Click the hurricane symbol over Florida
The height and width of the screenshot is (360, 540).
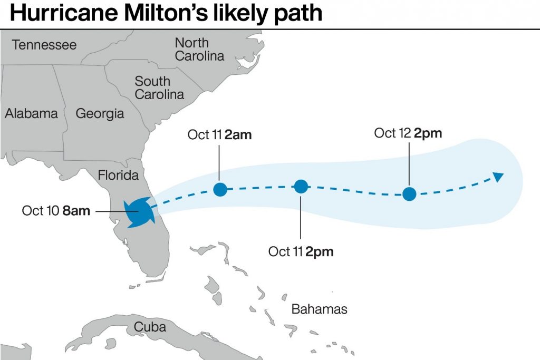tap(138, 212)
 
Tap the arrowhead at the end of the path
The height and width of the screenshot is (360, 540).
tap(498, 177)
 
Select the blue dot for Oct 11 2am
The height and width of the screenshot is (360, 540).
tap(220, 189)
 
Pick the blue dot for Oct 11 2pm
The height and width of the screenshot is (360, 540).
tap(301, 186)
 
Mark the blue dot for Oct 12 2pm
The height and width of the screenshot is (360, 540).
tap(409, 194)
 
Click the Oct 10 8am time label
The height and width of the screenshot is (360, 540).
tap(56, 211)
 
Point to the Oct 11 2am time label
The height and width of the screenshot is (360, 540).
tap(219, 134)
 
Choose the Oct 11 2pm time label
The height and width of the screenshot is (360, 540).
tap(301, 251)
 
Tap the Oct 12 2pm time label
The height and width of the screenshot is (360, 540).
tap(408, 133)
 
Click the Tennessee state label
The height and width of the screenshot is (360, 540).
tap(44, 45)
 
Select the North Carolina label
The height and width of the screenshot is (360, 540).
tap(199, 49)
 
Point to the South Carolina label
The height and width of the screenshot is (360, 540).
tap(159, 88)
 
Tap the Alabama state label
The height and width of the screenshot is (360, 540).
tap(31, 113)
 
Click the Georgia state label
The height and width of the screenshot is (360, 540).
tap(100, 113)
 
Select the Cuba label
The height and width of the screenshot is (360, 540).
tap(150, 327)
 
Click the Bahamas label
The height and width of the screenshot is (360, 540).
tap(319, 309)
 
